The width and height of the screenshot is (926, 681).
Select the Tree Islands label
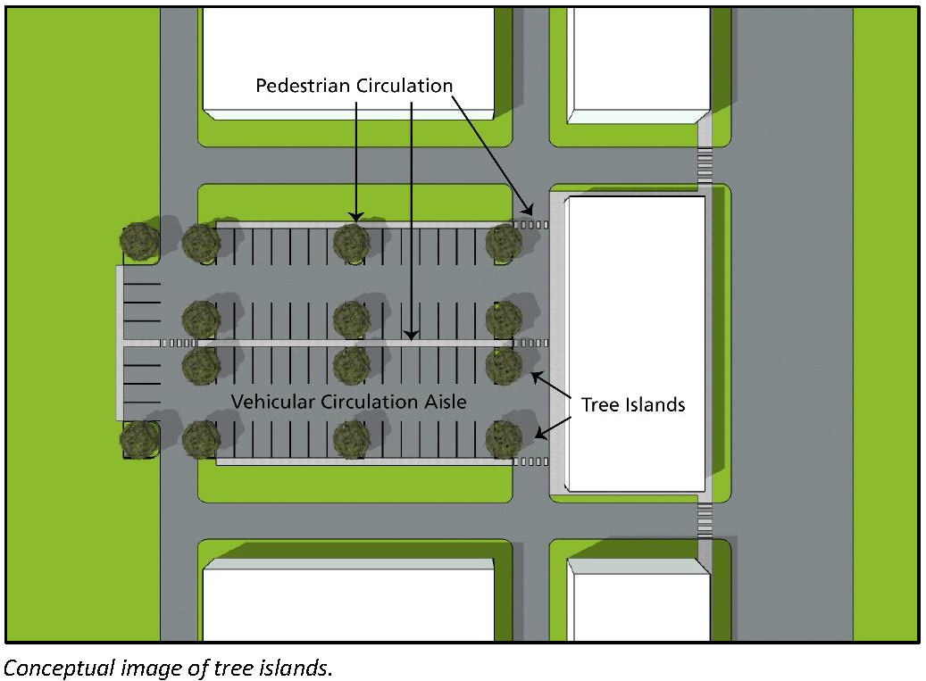(x=633, y=404)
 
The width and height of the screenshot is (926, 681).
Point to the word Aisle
(x=444, y=402)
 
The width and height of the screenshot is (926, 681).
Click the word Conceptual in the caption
(x=59, y=667)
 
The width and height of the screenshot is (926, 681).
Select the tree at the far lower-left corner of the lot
(x=140, y=438)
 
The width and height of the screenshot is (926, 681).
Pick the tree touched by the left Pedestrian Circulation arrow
(x=352, y=241)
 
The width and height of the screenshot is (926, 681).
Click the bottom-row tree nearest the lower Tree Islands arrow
(x=505, y=438)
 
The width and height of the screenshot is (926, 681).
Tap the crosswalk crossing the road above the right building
(x=705, y=165)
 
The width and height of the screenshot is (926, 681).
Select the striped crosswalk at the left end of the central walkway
(x=178, y=343)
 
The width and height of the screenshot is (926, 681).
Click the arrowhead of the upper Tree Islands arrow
(x=534, y=377)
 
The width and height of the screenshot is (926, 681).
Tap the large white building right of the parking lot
(x=636, y=344)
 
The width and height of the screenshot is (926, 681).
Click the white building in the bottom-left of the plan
(x=348, y=603)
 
